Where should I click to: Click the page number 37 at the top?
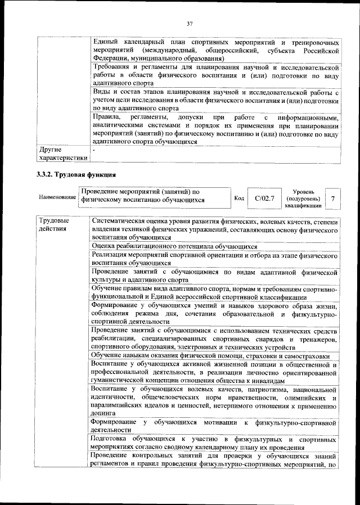pos(190,23)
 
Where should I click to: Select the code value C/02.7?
pos(264,199)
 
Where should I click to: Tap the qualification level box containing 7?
pos(332,199)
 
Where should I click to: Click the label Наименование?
pos(57,199)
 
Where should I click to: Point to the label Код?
pos(238,199)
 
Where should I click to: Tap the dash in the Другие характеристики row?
pos(94,150)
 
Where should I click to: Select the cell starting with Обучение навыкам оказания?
pos(211,356)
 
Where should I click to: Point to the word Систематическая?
pos(120,221)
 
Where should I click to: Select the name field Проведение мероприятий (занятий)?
pos(154,195)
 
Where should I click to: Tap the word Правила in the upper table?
pos(107,117)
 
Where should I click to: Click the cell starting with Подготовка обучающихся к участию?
pos(215,442)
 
